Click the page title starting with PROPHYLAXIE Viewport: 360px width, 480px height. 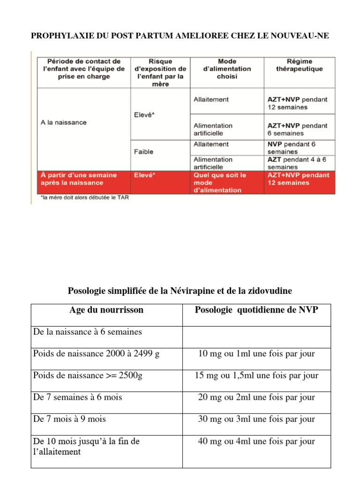pyautogui.click(x=176, y=36)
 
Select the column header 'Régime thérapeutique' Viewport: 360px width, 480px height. pyautogui.click(x=300, y=65)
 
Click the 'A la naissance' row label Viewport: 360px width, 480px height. pyautogui.click(x=63, y=122)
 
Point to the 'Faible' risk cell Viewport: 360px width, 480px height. pyautogui.click(x=144, y=152)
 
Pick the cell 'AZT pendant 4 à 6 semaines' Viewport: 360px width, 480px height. pyautogui.click(x=297, y=163)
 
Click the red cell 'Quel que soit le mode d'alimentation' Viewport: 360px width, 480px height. pyautogui.click(x=220, y=182)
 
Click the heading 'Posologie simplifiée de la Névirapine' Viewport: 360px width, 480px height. pyautogui.click(x=180, y=291)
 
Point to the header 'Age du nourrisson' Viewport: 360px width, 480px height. pyautogui.click(x=106, y=310)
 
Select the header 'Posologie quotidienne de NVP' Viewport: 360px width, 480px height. pyautogui.click(x=256, y=310)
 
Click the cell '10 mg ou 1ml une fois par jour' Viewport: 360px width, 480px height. pyautogui.click(x=256, y=353)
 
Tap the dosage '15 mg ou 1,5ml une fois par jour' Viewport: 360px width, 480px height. pyautogui.click(x=256, y=375)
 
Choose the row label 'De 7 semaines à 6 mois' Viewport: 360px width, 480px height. pyautogui.click(x=78, y=397)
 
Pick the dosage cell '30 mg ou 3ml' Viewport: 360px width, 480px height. pyautogui.click(x=256, y=419)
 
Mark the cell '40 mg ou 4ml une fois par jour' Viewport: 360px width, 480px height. pyautogui.click(x=256, y=441)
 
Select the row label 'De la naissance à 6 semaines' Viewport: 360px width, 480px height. pyautogui.click(x=88, y=332)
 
